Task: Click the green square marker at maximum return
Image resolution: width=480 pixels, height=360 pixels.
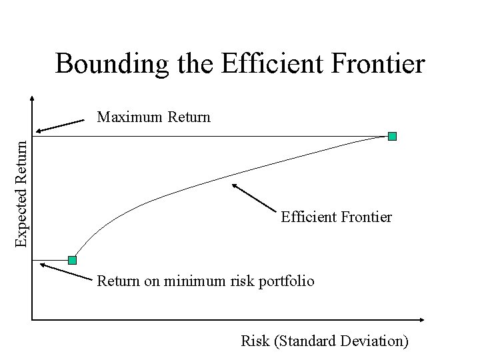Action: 392,136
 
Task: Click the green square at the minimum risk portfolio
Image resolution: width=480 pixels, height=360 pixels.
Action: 72,259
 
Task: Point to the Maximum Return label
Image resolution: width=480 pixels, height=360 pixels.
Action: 153,118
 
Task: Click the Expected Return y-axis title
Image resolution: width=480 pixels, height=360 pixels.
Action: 22,191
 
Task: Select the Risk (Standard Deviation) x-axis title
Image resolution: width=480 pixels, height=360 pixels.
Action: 325,341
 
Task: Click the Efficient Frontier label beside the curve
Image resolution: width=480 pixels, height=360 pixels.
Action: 336,217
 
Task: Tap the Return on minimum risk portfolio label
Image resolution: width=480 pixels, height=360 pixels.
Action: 205,281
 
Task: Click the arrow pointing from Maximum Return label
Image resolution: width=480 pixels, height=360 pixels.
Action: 60,126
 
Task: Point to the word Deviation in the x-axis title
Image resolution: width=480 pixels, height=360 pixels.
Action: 373,341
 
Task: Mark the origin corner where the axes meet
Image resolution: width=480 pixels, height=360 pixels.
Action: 31,320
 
